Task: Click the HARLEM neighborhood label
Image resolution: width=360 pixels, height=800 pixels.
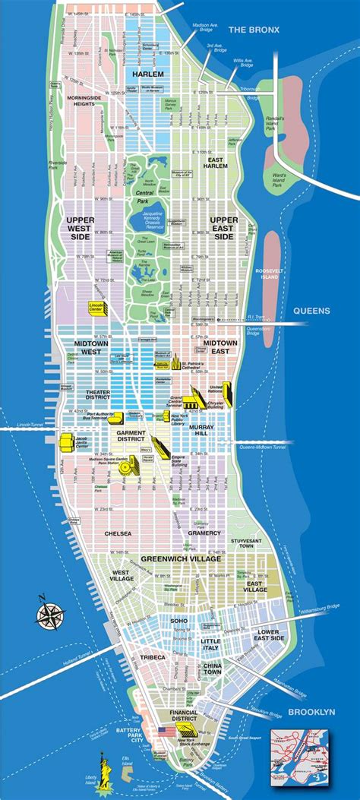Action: (148, 74)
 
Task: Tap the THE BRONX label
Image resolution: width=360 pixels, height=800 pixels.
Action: (254, 30)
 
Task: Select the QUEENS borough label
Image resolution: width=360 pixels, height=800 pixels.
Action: (313, 310)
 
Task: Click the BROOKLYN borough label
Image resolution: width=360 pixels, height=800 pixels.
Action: (311, 711)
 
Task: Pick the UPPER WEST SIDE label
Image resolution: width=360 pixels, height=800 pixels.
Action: (74, 227)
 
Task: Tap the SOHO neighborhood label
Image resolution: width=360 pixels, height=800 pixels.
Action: (179, 621)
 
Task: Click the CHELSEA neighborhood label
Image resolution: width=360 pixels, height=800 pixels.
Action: (117, 534)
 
